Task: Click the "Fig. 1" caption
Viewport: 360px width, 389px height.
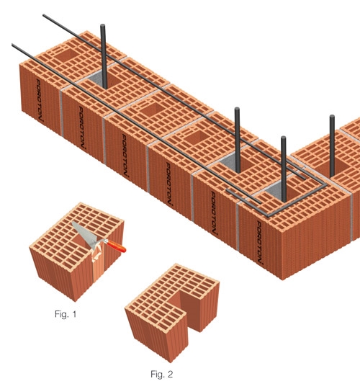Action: pos(66,314)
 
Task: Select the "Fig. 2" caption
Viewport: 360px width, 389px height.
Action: pos(162,374)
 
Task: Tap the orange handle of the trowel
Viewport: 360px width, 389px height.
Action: pos(115,246)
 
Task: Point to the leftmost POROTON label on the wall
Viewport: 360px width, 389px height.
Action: pos(40,100)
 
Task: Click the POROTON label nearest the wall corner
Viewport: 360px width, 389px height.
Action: pos(259,243)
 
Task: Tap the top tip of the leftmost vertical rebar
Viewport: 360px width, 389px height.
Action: pos(103,25)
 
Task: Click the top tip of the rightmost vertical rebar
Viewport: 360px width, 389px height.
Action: pos(332,117)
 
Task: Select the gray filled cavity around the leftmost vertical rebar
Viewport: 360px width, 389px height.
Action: pos(98,80)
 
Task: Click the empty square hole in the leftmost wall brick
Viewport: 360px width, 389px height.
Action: pos(66,55)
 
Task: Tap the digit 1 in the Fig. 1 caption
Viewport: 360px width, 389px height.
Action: pos(74,314)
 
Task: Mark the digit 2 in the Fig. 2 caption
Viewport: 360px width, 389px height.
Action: pos(170,374)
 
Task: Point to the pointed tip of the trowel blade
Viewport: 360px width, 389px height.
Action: pos(72,222)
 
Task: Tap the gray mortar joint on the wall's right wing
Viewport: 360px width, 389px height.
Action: pos(351,216)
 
